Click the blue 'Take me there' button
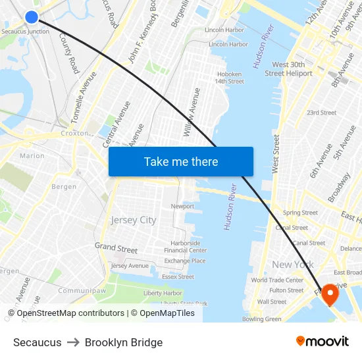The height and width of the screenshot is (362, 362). coord(180,161)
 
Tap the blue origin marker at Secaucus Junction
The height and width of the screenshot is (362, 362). coord(31,17)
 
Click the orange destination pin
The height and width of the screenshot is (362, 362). coord(329,294)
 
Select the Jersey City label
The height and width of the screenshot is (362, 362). coord(134,220)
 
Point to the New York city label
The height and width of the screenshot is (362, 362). coord(292,265)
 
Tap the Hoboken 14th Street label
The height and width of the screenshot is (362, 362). coord(229,78)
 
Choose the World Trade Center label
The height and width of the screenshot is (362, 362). coord(277,280)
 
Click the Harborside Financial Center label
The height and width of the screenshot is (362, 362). coord(186,247)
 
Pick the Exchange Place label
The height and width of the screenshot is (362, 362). coord(185,261)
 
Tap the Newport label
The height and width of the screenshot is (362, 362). coord(182,206)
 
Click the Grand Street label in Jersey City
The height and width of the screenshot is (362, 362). coord(116,248)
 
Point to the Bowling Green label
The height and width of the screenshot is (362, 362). coord(261,319)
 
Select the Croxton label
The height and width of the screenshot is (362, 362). coord(74,133)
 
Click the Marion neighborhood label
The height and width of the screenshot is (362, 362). coord(32,156)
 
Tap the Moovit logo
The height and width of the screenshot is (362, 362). coord(322,342)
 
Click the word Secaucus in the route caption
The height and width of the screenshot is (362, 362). coord(37,342)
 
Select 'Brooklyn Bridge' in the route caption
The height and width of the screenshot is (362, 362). coord(124,342)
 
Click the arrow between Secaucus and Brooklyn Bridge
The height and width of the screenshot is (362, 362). coord(73,342)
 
